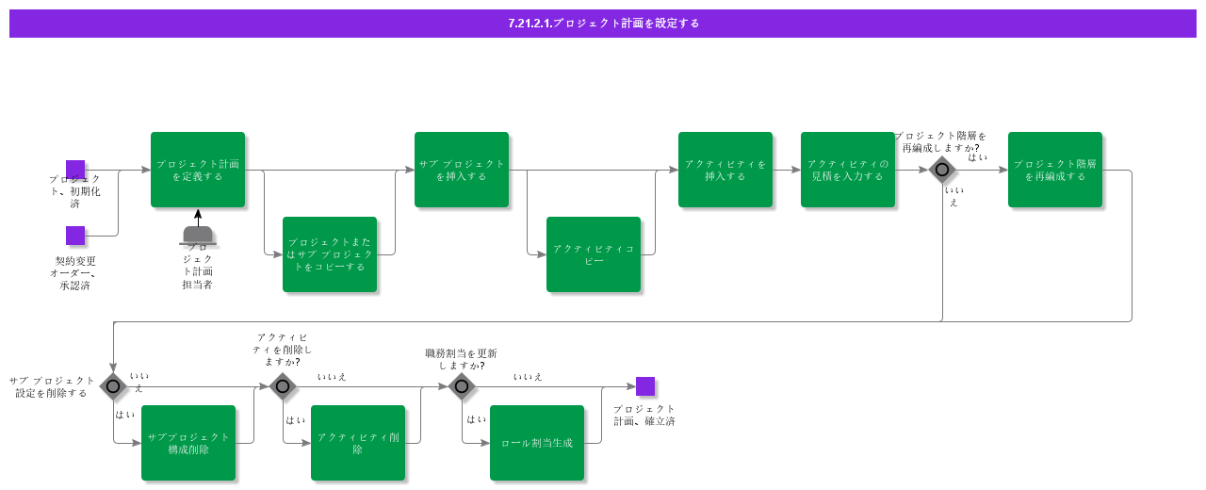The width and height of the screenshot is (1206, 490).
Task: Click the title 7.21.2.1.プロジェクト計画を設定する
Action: point(603,24)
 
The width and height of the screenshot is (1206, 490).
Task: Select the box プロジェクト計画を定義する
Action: point(198,170)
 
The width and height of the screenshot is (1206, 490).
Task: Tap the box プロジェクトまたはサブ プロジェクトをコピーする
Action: point(330,254)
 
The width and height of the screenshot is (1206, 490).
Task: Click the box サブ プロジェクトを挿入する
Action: point(462,170)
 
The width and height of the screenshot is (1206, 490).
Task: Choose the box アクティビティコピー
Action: point(594,254)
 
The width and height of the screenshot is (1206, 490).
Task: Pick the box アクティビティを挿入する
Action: point(725,170)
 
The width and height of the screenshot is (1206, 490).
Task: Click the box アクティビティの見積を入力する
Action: point(848,170)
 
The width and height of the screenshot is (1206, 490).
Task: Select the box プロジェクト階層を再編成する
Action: point(1055,170)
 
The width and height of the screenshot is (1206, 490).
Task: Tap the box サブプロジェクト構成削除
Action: point(188,443)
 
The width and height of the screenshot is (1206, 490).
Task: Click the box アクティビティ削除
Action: point(358,443)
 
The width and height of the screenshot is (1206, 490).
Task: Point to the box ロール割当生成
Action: point(537,443)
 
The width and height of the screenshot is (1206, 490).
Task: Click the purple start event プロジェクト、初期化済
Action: point(75,170)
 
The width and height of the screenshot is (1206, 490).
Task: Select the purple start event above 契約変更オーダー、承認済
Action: point(75,236)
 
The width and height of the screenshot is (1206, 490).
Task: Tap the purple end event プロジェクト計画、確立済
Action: point(645,386)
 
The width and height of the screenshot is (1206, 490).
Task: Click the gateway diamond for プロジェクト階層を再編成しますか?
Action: point(942,170)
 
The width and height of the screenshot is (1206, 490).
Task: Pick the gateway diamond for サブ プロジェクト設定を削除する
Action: point(113,386)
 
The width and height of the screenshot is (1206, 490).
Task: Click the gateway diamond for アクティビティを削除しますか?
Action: point(283,386)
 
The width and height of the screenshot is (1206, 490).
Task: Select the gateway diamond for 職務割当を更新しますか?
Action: point(462,386)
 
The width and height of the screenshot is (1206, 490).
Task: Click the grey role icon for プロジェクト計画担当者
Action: point(198,235)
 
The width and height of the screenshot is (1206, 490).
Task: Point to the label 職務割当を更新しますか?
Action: point(461,359)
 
